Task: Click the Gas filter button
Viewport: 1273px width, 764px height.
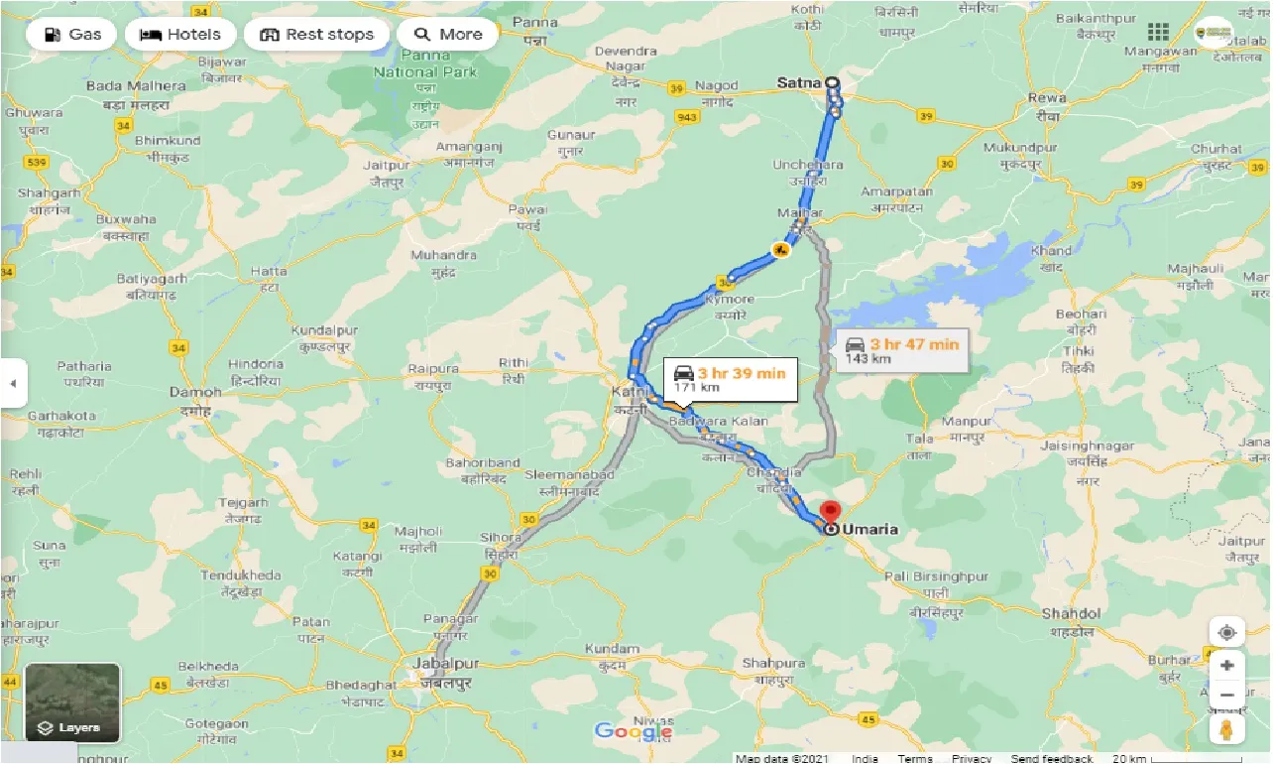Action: [71, 35]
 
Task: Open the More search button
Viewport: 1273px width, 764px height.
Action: [448, 35]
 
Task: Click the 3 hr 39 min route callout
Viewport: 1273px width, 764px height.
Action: [730, 379]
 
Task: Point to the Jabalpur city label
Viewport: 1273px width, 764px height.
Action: [448, 664]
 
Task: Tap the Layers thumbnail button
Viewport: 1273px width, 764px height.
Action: [72, 702]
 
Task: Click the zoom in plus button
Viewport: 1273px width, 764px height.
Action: [1227, 665]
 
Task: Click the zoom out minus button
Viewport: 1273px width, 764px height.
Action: [1227, 695]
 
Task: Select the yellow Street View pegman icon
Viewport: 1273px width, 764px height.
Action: [1227, 730]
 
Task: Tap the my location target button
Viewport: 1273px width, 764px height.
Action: [1227, 633]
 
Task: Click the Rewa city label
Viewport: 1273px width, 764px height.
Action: [1047, 98]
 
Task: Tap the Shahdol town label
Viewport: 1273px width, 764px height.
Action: [1071, 613]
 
